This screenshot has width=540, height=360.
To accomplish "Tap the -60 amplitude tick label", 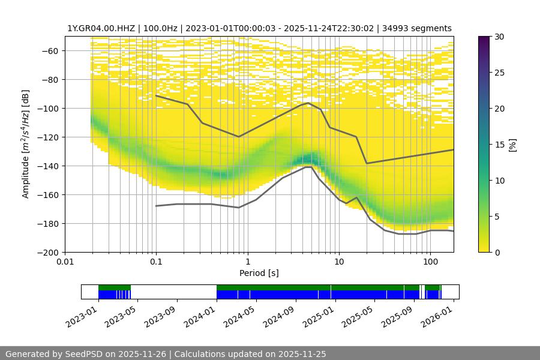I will coord(52,51).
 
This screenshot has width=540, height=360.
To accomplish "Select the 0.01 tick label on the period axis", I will coord(65,262).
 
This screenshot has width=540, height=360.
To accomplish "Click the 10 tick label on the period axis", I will coord(338,262).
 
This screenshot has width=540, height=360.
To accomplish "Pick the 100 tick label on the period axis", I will coord(430,262).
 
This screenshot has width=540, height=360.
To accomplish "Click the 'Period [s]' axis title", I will coord(259,273).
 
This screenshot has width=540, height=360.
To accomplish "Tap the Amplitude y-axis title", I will coord(26,144).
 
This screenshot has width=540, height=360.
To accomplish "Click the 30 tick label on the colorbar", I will coord(499,37).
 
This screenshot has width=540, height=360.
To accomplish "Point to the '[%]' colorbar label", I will coord(512,145).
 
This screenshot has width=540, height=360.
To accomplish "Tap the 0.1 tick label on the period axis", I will coord(156,262).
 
